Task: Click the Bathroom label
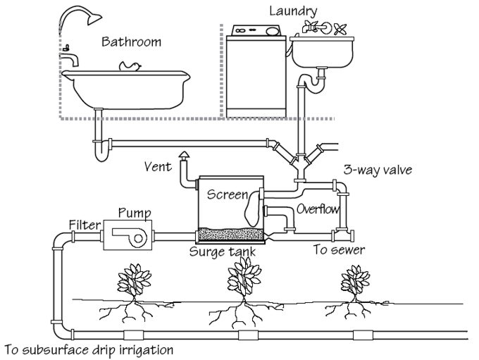pyautogui.click(x=131, y=42)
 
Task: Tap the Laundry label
pyautogui.click(x=293, y=11)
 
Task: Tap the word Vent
pyautogui.click(x=158, y=167)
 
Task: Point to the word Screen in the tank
pyautogui.click(x=227, y=194)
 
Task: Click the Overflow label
pyautogui.click(x=318, y=209)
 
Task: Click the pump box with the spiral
pyautogui.click(x=127, y=235)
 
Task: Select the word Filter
pyautogui.click(x=82, y=225)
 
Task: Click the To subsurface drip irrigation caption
pyautogui.click(x=88, y=349)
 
